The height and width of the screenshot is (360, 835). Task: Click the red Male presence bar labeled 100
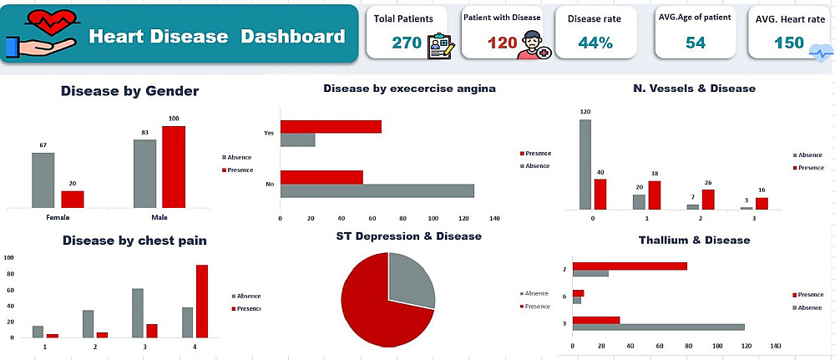click(x=174, y=166)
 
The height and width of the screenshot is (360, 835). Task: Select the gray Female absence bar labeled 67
click(x=43, y=180)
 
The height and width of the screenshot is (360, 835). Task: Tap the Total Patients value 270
click(x=407, y=43)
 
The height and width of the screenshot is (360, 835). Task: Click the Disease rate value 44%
click(x=595, y=43)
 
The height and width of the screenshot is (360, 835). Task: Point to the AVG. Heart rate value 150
click(x=788, y=43)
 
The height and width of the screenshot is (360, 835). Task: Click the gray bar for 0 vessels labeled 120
click(x=585, y=164)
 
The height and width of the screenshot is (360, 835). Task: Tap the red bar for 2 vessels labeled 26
click(x=708, y=199)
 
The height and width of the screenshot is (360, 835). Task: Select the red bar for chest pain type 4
click(x=202, y=301)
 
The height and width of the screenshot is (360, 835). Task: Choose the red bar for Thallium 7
click(x=630, y=266)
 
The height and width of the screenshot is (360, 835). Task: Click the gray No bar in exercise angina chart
click(x=377, y=190)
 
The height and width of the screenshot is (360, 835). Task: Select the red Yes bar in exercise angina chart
click(x=331, y=127)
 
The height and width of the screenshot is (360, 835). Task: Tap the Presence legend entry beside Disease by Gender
click(x=237, y=170)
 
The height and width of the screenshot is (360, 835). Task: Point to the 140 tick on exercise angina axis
click(x=494, y=219)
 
